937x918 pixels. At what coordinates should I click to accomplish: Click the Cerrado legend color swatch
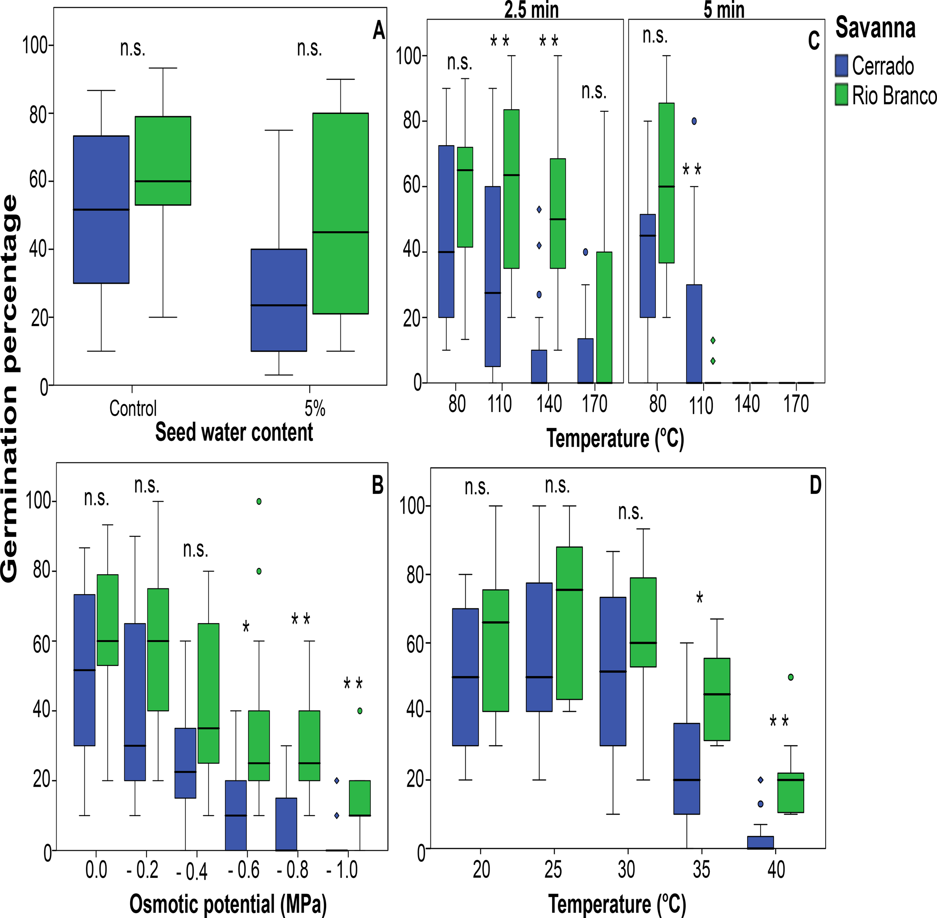(841, 65)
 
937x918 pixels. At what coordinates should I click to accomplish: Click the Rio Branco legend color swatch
(841, 94)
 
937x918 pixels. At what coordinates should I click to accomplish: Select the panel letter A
(379, 31)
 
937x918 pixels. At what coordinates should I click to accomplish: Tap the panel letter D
(815, 485)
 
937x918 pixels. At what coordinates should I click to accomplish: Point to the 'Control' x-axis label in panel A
(133, 408)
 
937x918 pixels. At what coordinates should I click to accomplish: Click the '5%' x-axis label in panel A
(315, 408)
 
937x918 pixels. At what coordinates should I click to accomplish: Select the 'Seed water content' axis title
(234, 432)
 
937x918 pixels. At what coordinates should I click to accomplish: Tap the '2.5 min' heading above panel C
(532, 10)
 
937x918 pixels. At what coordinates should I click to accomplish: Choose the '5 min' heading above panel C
(724, 10)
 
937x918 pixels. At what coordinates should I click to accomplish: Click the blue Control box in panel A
(101, 210)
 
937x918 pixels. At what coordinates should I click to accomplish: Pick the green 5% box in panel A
(340, 214)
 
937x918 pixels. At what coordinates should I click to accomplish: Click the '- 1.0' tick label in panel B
(342, 870)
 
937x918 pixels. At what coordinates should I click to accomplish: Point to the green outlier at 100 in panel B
(259, 502)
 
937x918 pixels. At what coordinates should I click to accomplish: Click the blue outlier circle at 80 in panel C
(694, 122)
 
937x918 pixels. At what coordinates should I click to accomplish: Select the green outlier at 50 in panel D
(790, 677)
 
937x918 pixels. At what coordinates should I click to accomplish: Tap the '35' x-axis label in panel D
(701, 869)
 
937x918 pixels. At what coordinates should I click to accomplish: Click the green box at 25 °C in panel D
(569, 623)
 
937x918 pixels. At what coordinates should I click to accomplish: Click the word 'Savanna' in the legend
(875, 28)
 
